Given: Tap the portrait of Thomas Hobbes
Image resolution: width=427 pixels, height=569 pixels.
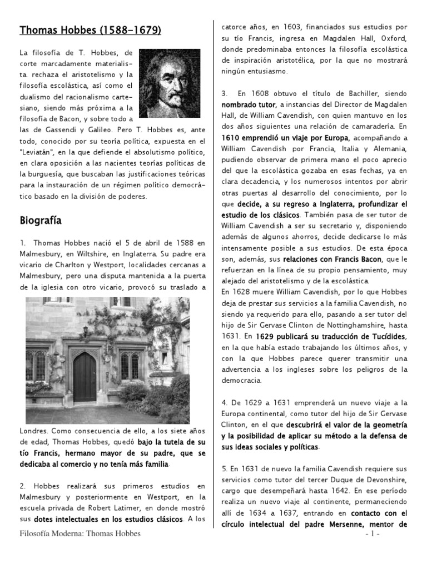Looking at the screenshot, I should (170, 83).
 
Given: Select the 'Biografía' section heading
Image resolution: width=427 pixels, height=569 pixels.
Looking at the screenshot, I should (40, 221).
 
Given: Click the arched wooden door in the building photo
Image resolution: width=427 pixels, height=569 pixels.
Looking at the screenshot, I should (85, 377).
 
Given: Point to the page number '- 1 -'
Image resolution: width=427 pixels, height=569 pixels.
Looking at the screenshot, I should (373, 534).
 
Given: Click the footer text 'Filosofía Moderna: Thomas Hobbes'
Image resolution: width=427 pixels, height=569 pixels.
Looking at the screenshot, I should (80, 534).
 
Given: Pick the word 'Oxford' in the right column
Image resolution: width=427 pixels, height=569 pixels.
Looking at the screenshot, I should (394, 38).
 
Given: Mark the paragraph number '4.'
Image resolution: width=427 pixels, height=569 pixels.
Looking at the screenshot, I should (225, 402).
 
